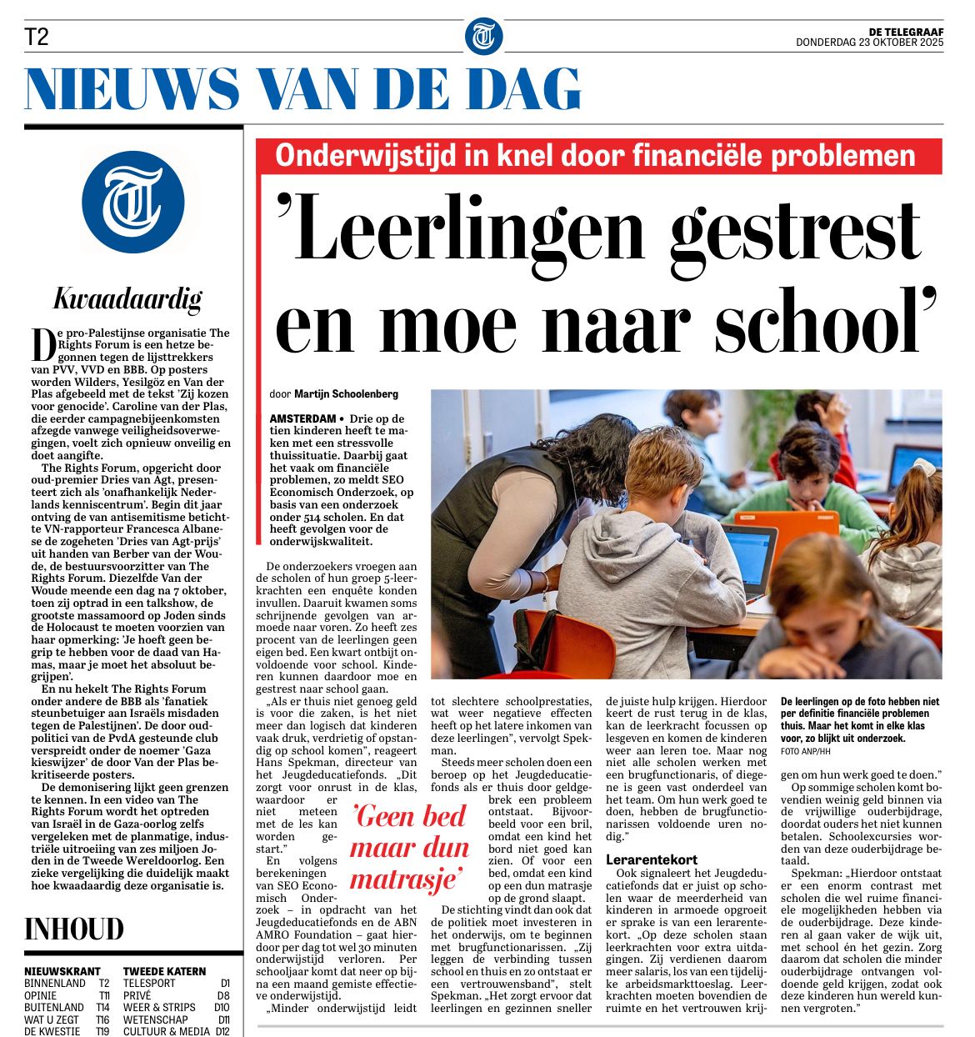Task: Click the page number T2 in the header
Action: tap(37, 37)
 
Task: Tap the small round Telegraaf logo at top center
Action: tap(483, 37)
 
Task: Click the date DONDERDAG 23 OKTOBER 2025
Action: tap(869, 43)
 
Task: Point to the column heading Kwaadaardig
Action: tap(127, 298)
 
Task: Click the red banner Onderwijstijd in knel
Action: tap(595, 156)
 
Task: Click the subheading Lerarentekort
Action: tap(652, 859)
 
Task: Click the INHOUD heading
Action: tap(74, 929)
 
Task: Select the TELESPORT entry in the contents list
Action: tap(149, 984)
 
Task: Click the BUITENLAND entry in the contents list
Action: tap(54, 1007)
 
